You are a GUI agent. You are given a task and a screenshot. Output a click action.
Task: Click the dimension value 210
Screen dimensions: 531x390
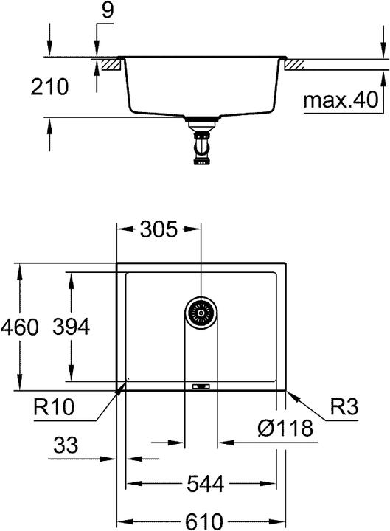(x=49, y=87)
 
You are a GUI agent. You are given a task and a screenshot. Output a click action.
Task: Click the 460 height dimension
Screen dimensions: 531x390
(x=20, y=327)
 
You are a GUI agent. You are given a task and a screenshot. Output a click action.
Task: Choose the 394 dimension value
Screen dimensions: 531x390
(x=71, y=327)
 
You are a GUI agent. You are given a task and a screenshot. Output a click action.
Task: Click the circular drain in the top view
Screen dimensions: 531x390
(x=200, y=313)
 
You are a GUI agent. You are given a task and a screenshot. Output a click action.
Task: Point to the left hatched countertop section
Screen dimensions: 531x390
(x=110, y=65)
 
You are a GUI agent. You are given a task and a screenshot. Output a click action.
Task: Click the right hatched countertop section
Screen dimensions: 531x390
(x=293, y=65)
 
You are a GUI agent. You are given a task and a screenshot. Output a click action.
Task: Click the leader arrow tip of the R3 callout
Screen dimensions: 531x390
(x=287, y=390)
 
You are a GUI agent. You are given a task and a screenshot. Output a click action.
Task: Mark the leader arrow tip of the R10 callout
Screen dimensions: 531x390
(x=126, y=383)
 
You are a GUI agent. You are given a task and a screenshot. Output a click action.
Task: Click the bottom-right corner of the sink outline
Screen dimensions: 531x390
(x=286, y=389)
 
